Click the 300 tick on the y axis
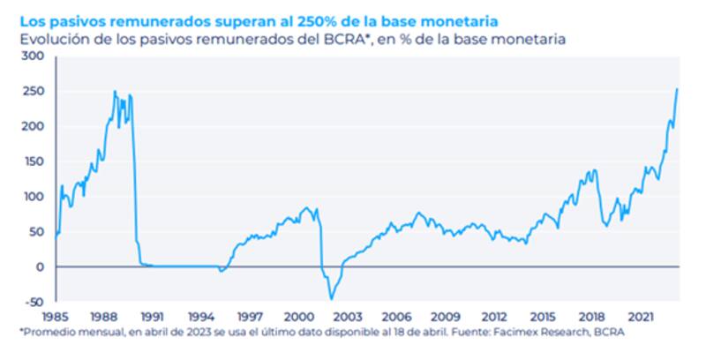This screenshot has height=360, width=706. [x=33, y=56]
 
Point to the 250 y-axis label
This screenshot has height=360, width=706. [x=33, y=91]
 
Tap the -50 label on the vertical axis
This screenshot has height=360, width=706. [x=33, y=302]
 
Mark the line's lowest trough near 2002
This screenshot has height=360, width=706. [x=332, y=299]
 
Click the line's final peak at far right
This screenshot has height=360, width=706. [x=676, y=89]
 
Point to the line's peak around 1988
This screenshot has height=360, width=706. [x=114, y=91]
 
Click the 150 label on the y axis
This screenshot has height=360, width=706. [x=33, y=161]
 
